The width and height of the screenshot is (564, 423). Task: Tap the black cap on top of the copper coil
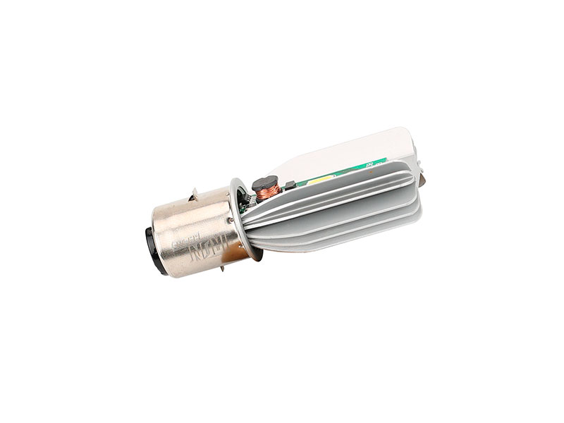[x=266, y=181]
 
